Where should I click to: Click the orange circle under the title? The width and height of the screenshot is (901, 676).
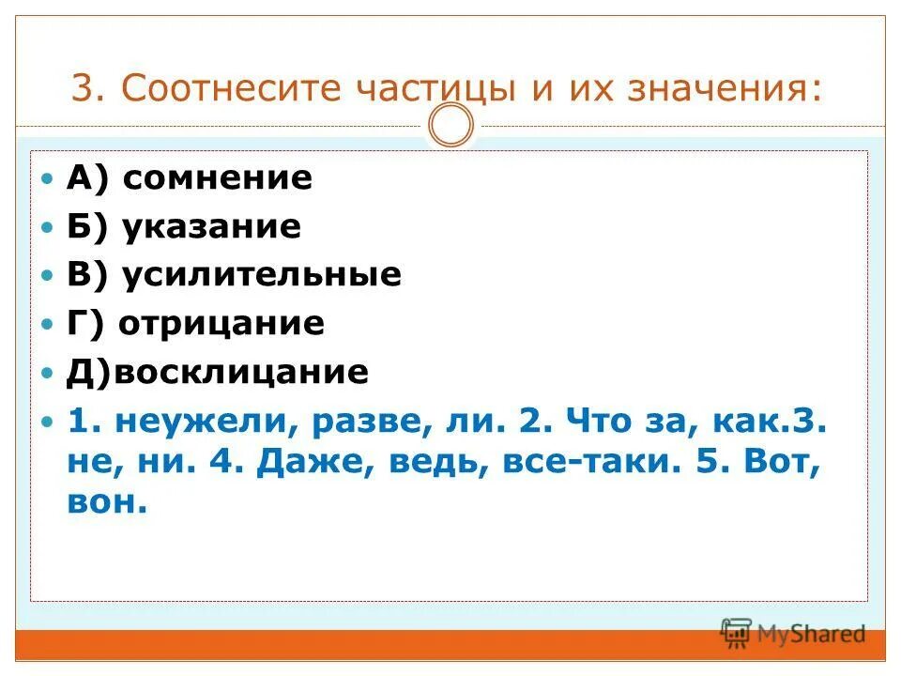tap(451, 126)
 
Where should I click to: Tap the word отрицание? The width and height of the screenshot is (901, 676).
tap(221, 324)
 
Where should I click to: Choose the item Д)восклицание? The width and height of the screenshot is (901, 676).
tap(217, 373)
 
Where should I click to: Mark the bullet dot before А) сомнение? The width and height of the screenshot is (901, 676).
tap(50, 178)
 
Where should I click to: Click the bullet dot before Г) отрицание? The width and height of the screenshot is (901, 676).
tap(50, 325)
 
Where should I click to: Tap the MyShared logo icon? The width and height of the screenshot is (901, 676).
tap(737, 633)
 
